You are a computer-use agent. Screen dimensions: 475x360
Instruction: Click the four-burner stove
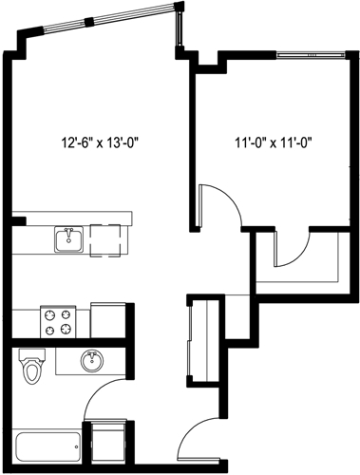tap(56, 320)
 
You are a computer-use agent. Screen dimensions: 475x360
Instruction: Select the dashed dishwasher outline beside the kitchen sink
tap(106, 237)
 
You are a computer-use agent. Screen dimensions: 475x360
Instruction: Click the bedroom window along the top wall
tap(306, 55)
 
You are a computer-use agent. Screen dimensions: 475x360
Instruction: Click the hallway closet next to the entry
tap(200, 343)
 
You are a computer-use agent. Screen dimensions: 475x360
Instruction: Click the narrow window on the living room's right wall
tap(178, 28)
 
